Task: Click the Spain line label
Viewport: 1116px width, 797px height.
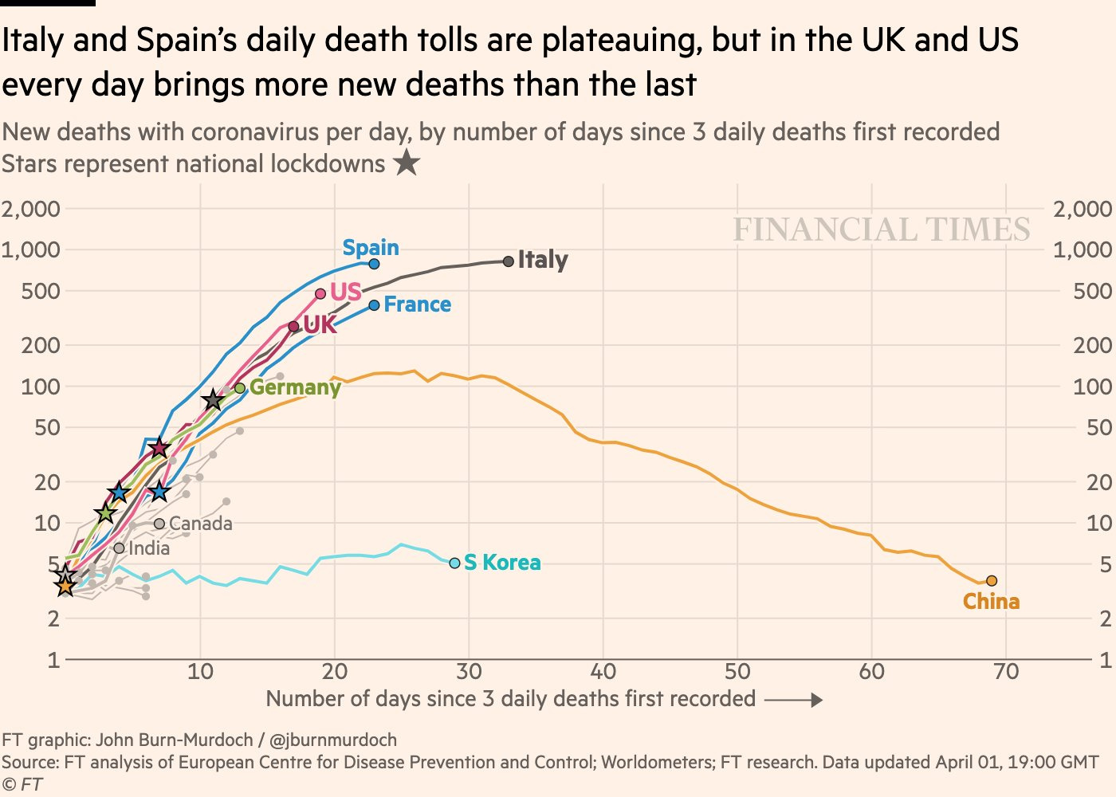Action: point(371,248)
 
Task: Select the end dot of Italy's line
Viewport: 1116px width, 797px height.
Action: point(509,261)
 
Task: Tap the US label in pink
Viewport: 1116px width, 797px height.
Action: point(346,292)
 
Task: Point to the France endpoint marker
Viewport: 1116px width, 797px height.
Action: point(374,305)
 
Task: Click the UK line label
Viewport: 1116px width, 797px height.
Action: point(320,324)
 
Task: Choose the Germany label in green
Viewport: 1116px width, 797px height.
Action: point(295,387)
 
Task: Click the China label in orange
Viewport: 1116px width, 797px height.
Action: point(991,602)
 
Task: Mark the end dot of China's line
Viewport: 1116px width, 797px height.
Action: point(992,581)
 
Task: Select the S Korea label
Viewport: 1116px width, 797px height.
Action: point(502,563)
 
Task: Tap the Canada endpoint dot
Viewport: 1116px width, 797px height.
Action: point(159,524)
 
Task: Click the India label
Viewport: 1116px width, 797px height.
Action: point(149,548)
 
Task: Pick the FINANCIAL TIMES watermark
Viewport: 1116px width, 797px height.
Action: point(882,230)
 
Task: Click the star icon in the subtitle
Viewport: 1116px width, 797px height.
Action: point(407,163)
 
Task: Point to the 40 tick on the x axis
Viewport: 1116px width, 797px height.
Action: point(603,672)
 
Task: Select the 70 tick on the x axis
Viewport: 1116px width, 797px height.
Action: point(1006,672)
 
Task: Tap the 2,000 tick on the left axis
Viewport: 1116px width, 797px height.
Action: point(30,209)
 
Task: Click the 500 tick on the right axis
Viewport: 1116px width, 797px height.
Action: point(1092,291)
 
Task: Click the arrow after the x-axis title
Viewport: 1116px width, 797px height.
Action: point(793,700)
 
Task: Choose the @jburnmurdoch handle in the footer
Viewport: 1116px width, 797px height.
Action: point(328,740)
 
